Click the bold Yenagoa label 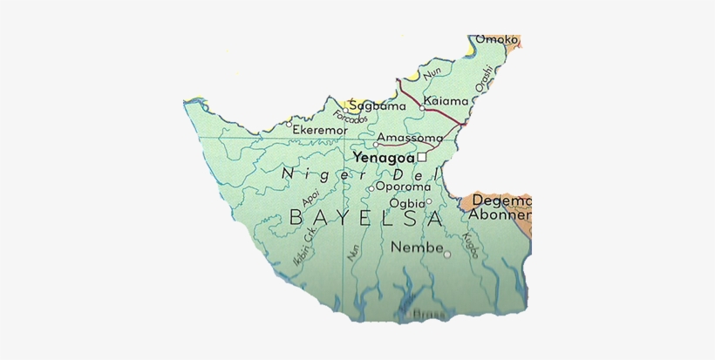383,158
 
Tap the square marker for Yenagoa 421,158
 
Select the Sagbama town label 378,105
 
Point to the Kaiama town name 447,101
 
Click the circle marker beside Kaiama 422,109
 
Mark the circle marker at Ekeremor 289,124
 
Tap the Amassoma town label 410,138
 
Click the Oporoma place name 403,186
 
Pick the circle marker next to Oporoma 371,188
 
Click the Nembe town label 413,247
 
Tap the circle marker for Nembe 447,255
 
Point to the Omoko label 497,39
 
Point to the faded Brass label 426,314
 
